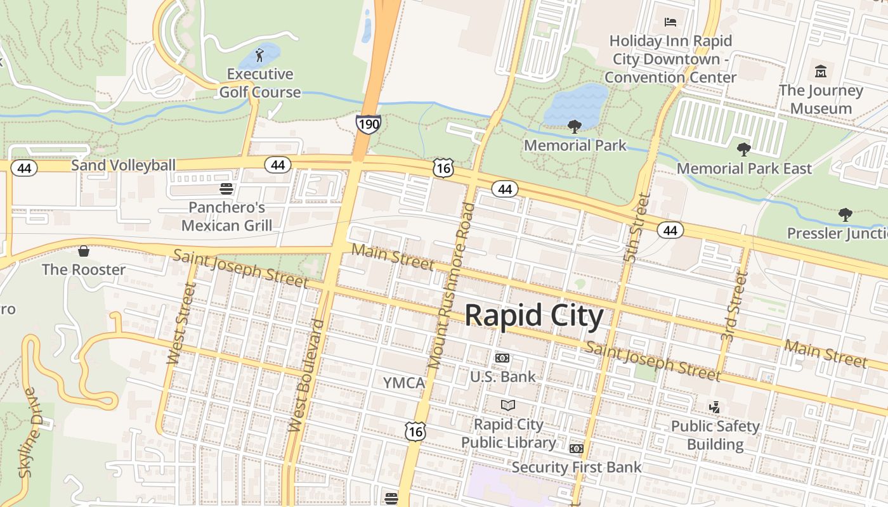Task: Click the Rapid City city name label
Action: coord(534,315)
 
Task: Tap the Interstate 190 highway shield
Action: coord(368,123)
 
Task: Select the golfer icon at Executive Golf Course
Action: coord(259,55)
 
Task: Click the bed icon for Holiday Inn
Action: coord(670,22)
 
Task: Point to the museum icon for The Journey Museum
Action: coord(821,71)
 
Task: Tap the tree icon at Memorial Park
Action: coord(575,126)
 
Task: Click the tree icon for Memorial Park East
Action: coord(744,150)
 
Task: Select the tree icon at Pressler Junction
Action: coord(845,215)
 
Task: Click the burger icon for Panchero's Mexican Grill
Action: coord(226,189)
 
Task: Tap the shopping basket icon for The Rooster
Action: coord(84,251)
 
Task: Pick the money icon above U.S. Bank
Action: coord(502,358)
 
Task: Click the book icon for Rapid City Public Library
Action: coord(508,405)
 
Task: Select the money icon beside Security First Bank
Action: coord(576,449)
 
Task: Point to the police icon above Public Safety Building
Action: coord(715,407)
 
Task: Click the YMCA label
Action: coord(403,383)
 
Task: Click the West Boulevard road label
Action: coord(306,376)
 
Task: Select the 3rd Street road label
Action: coord(731,307)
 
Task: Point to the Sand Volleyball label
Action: coord(123,165)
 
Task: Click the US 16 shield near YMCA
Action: coord(415,432)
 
